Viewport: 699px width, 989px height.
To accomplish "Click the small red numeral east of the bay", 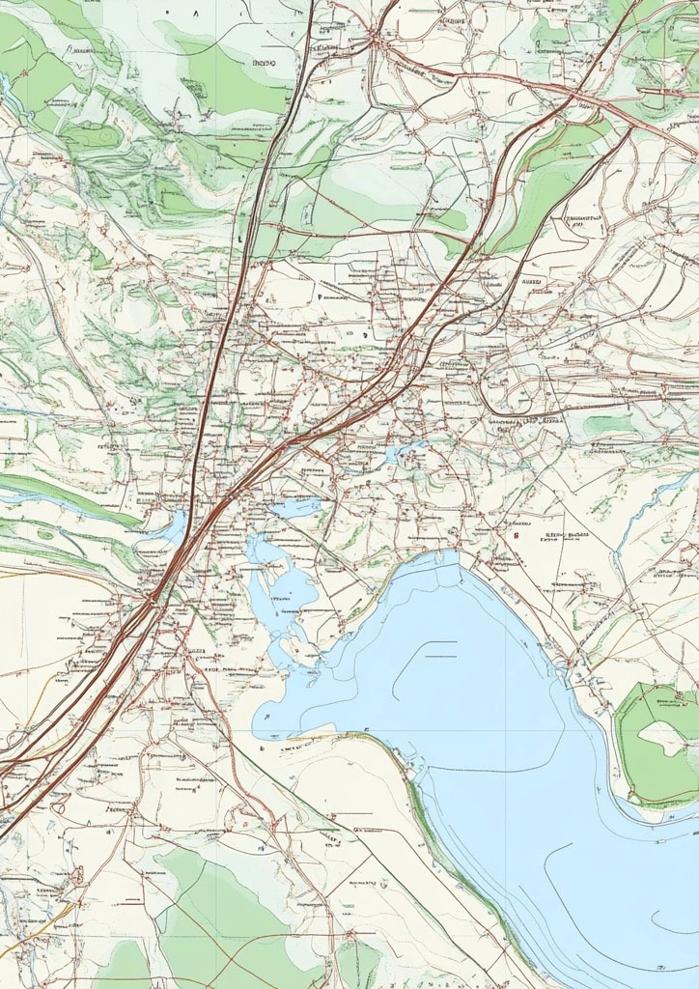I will [x=517, y=530].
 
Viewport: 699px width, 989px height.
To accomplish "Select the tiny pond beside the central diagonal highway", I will [x=406, y=450].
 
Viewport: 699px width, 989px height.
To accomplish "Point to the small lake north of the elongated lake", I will [x=294, y=506].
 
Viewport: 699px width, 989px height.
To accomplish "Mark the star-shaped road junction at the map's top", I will [x=375, y=41].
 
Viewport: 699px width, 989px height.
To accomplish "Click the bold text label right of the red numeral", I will [x=566, y=535].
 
